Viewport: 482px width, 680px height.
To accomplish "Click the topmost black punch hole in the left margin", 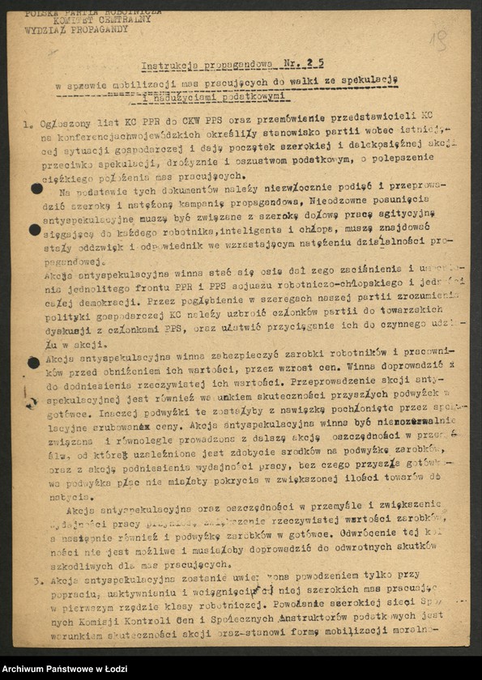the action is (x=36, y=189).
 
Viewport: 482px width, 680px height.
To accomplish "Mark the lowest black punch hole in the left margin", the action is (x=33, y=362).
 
